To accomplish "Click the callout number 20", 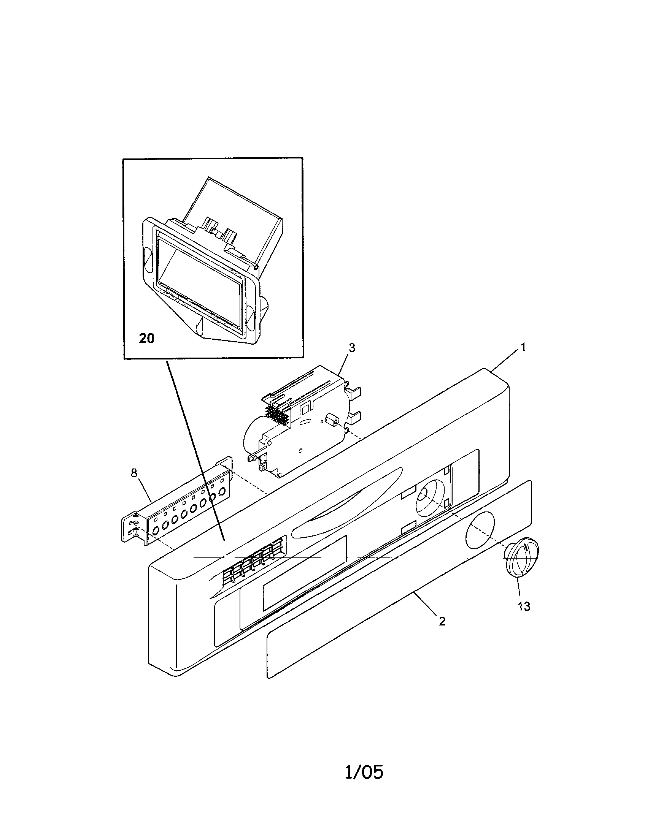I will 146,338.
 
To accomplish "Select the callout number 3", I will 352,348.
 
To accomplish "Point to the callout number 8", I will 133,473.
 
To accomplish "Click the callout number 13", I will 524,606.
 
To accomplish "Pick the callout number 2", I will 442,622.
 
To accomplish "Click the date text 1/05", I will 364,772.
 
